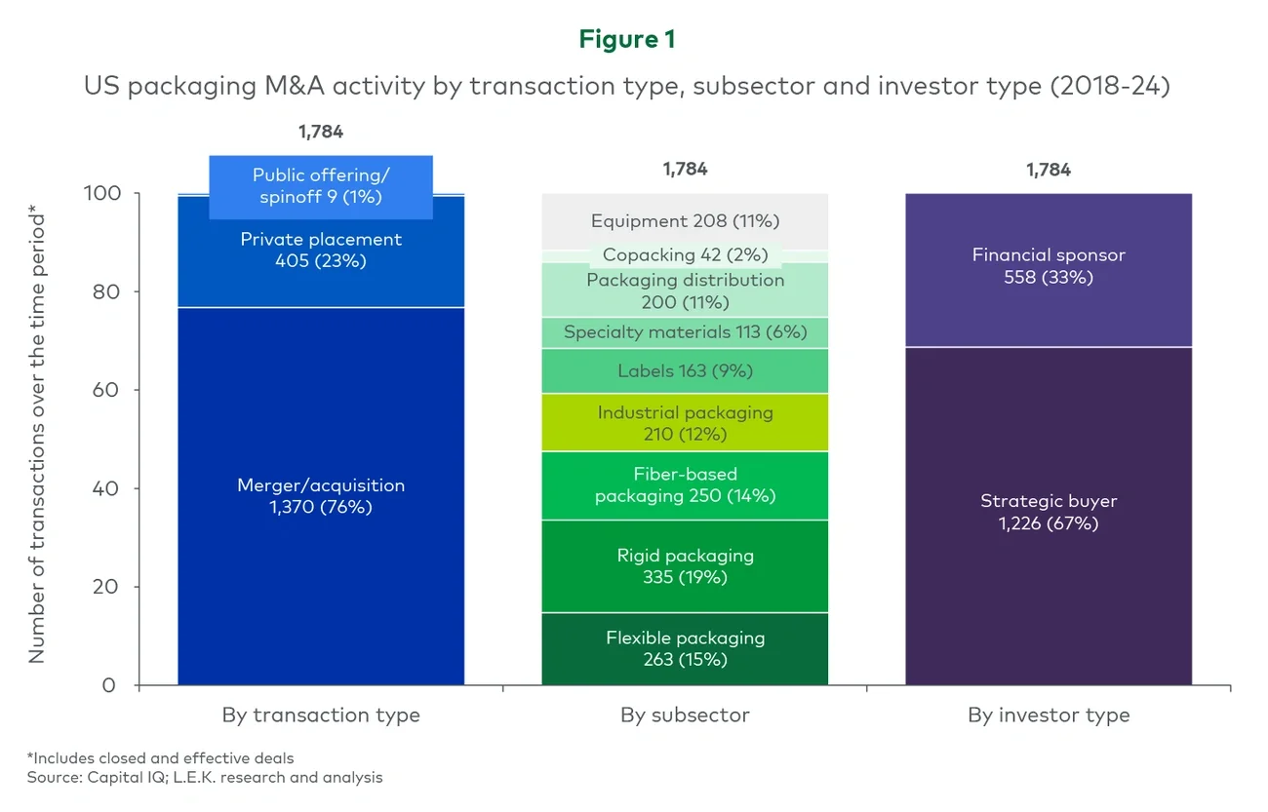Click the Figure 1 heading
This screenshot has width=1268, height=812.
point(626,39)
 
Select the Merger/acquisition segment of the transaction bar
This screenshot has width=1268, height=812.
point(321,496)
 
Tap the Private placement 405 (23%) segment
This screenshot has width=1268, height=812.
point(321,251)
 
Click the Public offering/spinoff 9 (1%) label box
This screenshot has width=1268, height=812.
point(321,186)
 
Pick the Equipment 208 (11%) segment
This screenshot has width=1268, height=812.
point(685,221)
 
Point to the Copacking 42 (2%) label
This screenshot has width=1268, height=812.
point(685,255)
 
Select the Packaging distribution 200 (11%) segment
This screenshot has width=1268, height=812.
point(685,290)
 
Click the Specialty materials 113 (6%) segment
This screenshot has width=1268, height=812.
point(685,332)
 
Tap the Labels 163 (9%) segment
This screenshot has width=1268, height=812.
point(685,371)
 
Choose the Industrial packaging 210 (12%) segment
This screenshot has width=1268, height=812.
point(685,423)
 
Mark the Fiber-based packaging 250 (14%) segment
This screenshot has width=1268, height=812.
point(685,485)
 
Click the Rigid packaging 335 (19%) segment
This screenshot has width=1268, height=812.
point(685,566)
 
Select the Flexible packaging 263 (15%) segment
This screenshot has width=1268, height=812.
point(685,648)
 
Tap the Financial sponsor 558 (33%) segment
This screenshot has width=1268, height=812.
point(1049,266)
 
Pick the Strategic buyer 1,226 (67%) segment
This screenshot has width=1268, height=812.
point(1049,513)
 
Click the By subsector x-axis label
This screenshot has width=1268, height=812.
point(685,715)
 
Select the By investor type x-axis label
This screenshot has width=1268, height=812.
point(1049,715)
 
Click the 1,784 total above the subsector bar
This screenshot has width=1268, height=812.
point(685,169)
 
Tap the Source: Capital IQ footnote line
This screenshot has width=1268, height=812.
point(204,777)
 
